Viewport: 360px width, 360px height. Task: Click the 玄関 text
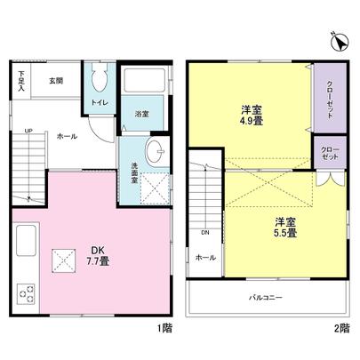[x=56, y=80]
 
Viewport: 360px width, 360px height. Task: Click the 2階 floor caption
[x=342, y=328]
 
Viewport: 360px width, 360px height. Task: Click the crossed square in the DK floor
[x=64, y=259]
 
